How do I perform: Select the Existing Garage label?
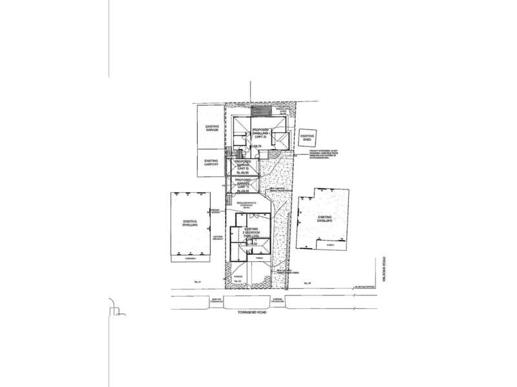212,128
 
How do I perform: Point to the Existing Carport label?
212,162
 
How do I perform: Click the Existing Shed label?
307,138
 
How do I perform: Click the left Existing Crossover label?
216,299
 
